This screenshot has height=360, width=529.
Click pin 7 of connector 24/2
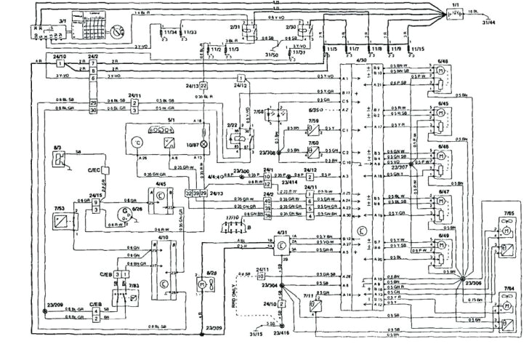(x=93, y=71)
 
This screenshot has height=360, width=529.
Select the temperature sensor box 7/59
(x=315, y=128)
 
